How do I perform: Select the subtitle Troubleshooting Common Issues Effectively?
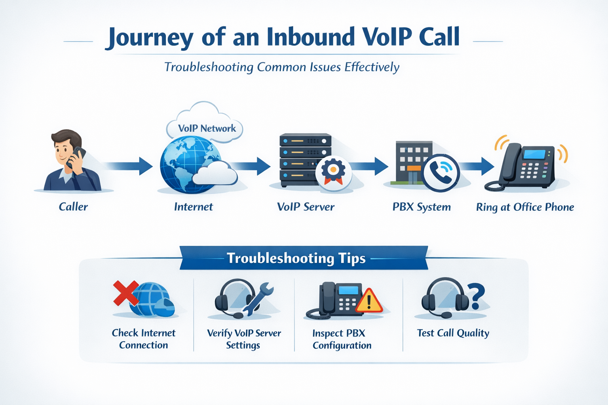click(x=281, y=67)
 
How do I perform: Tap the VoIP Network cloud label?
click(x=207, y=129)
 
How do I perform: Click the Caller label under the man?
click(x=73, y=206)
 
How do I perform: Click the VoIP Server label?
click(x=306, y=206)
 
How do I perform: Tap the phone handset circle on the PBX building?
click(x=440, y=172)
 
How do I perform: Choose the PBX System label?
click(x=422, y=207)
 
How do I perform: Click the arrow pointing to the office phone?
click(x=477, y=166)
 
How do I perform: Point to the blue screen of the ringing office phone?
click(x=534, y=154)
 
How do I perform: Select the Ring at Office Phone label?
click(x=525, y=207)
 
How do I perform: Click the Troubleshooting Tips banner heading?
click(x=296, y=258)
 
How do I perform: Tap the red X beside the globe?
click(x=125, y=293)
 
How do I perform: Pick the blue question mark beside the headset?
click(x=477, y=296)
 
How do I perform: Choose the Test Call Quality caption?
click(x=453, y=333)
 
